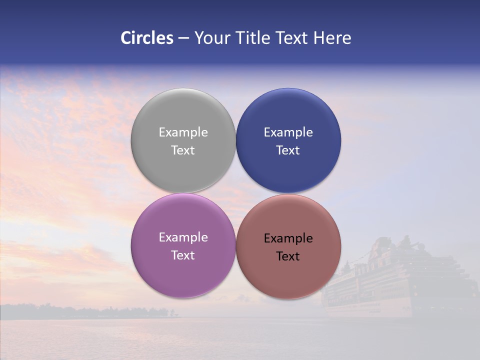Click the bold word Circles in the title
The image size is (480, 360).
[147, 38]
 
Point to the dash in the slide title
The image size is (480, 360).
[183, 38]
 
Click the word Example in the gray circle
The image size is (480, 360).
[183, 132]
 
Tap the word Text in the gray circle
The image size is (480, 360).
[183, 150]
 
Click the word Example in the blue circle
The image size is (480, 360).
[288, 132]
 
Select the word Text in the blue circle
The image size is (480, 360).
[288, 150]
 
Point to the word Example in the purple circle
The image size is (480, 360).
[183, 237]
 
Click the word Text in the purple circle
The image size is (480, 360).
[183, 255]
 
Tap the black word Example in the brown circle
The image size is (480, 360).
[288, 238]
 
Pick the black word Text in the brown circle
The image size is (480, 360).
[288, 256]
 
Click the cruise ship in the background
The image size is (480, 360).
[400, 280]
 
